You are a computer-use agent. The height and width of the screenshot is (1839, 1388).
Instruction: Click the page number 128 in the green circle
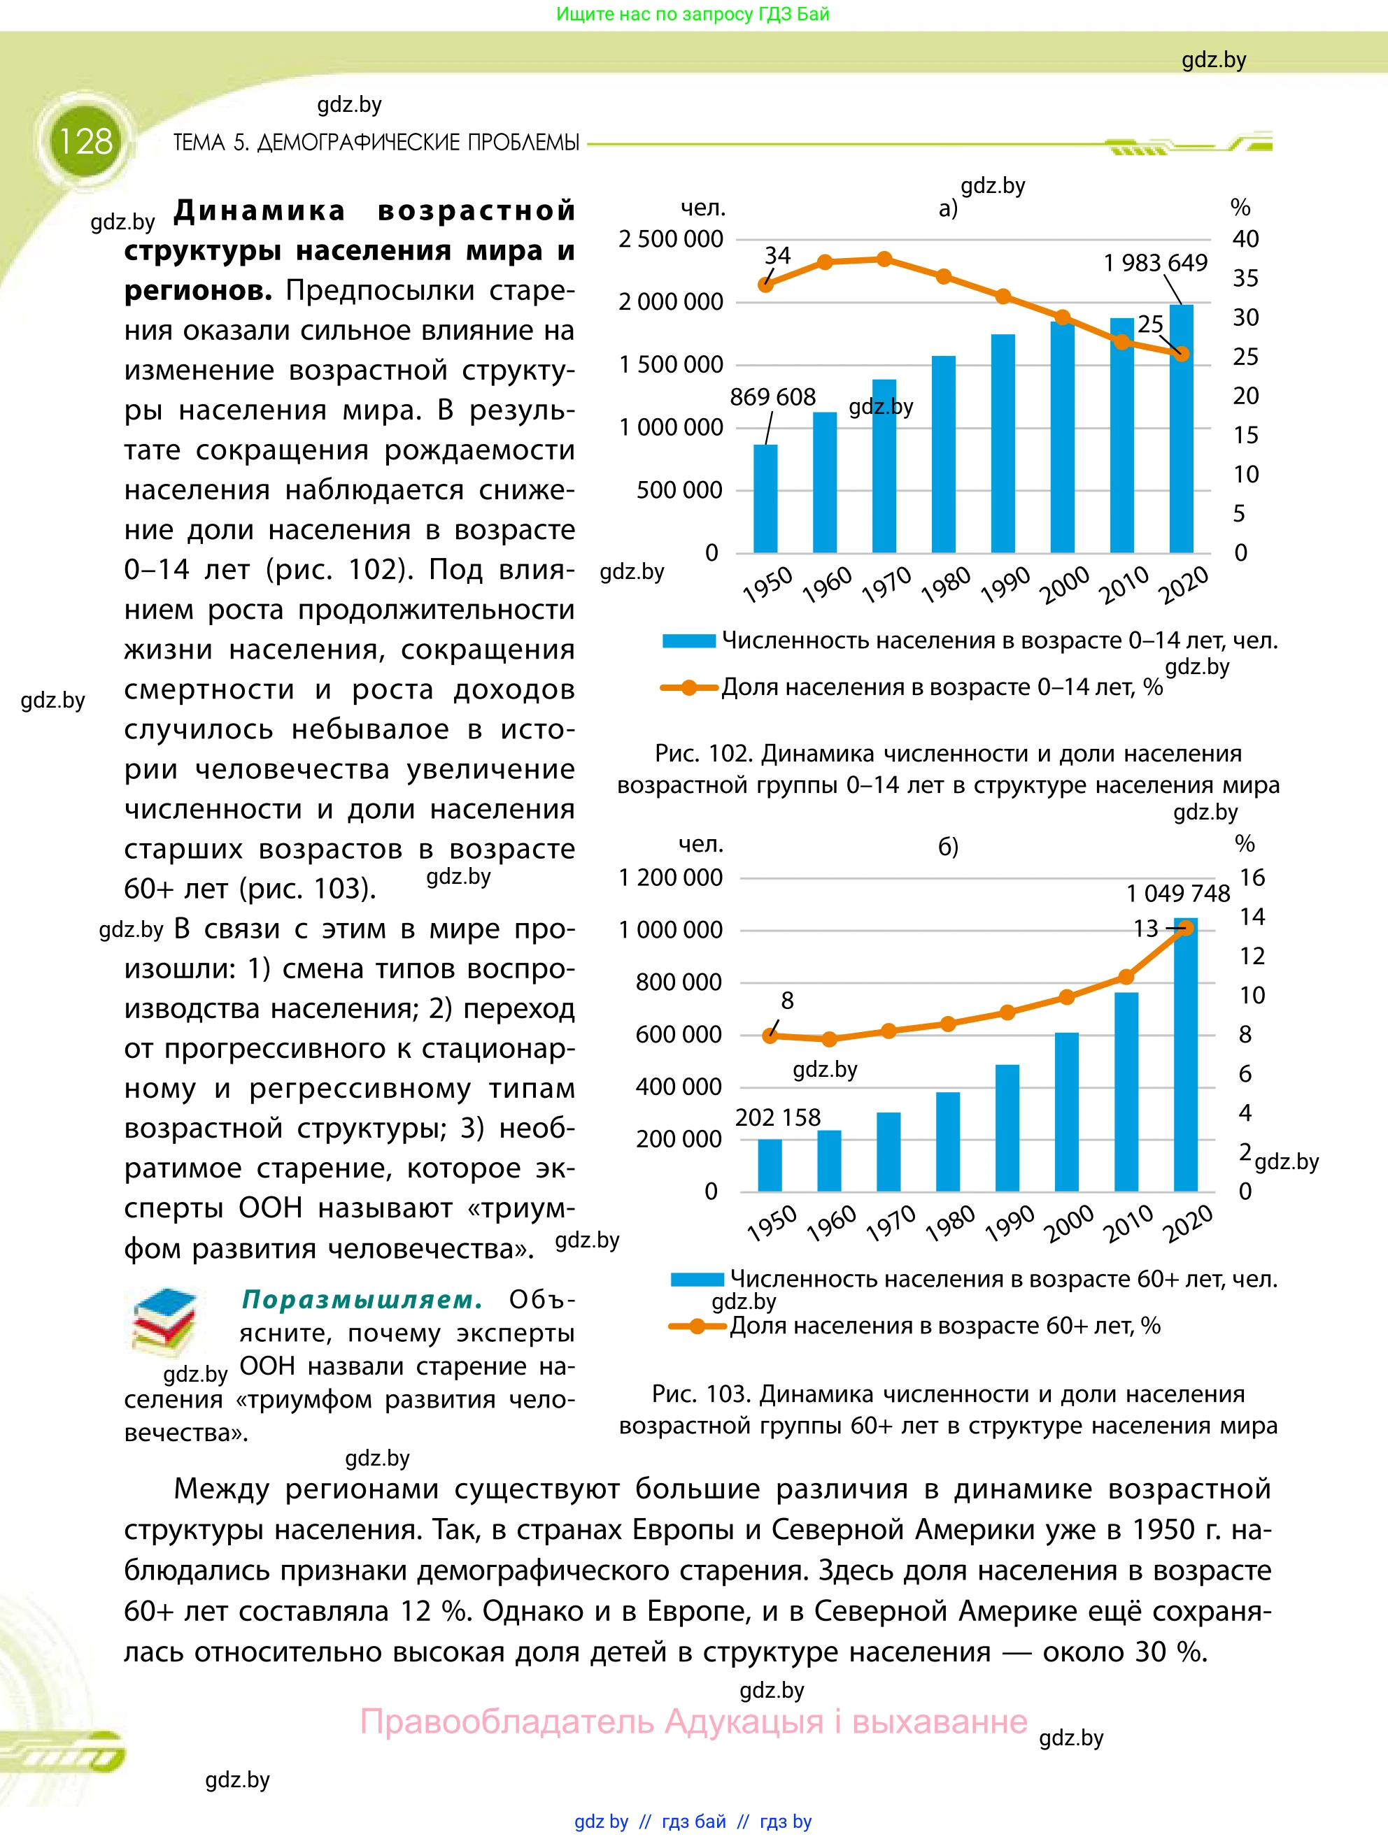85,141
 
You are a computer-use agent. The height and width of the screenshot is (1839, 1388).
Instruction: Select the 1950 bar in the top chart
765,499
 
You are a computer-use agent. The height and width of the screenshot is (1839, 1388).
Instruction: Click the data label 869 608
772,397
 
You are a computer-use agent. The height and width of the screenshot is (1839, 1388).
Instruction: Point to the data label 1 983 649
1155,263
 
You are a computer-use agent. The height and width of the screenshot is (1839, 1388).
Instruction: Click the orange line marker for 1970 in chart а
885,259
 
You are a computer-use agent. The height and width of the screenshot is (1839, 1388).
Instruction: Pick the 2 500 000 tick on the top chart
670,239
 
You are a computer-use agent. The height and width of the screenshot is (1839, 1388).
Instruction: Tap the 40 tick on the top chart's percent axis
1245,239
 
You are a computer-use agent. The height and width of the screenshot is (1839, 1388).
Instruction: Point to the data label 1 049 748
1177,894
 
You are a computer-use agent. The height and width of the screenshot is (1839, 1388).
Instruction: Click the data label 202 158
777,1117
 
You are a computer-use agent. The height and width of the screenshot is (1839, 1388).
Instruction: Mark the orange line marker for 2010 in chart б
1126,977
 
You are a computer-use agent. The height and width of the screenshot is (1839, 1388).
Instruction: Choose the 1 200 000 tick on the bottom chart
670,878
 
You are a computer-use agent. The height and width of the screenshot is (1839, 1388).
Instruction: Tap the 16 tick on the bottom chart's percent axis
1252,878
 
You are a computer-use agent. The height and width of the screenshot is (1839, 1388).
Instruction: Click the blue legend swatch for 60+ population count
697,1280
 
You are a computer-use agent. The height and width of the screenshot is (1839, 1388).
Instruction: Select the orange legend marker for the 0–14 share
688,687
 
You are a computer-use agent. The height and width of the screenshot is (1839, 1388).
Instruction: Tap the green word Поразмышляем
362,1299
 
